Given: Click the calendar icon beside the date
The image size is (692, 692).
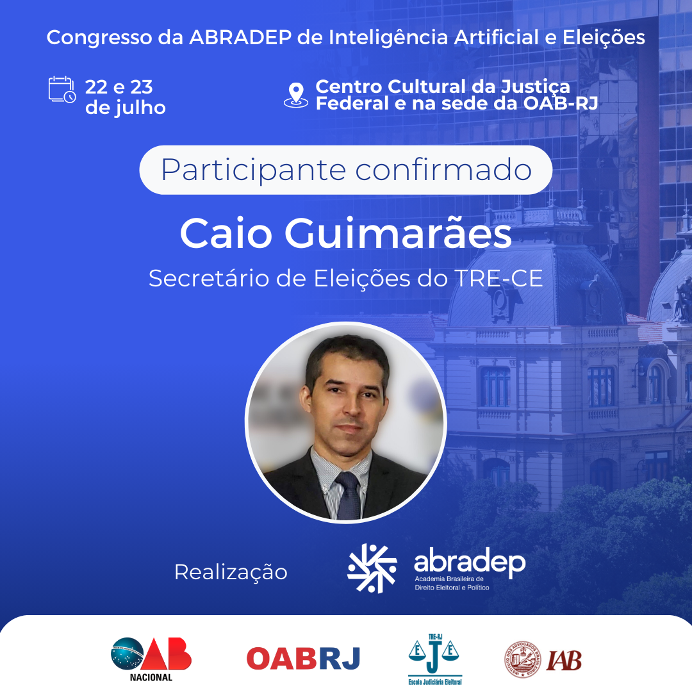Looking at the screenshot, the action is [x=62, y=90].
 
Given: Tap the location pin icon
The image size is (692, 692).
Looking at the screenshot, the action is [x=295, y=95].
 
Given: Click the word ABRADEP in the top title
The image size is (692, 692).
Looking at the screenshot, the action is [x=240, y=37].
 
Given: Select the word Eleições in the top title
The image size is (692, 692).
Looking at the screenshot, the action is [x=604, y=37].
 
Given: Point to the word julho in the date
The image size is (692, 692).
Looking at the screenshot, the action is [x=140, y=107].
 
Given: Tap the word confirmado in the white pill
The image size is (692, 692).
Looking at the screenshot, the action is [x=443, y=170].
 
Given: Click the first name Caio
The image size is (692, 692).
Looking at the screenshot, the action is [x=226, y=233].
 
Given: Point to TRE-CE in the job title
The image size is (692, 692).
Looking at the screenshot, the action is [x=498, y=279].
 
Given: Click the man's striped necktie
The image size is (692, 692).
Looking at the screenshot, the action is [x=348, y=495].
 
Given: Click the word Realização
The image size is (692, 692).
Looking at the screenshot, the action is [x=231, y=573].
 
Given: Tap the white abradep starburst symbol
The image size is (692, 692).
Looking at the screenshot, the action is [x=372, y=568].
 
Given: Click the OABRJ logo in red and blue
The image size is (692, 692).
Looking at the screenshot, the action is [x=303, y=659].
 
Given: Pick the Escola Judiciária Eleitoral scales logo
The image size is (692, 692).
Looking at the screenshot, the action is [x=434, y=659].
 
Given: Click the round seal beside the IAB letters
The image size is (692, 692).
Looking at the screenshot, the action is [x=523, y=659].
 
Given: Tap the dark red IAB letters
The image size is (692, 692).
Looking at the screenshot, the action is [x=564, y=660].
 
